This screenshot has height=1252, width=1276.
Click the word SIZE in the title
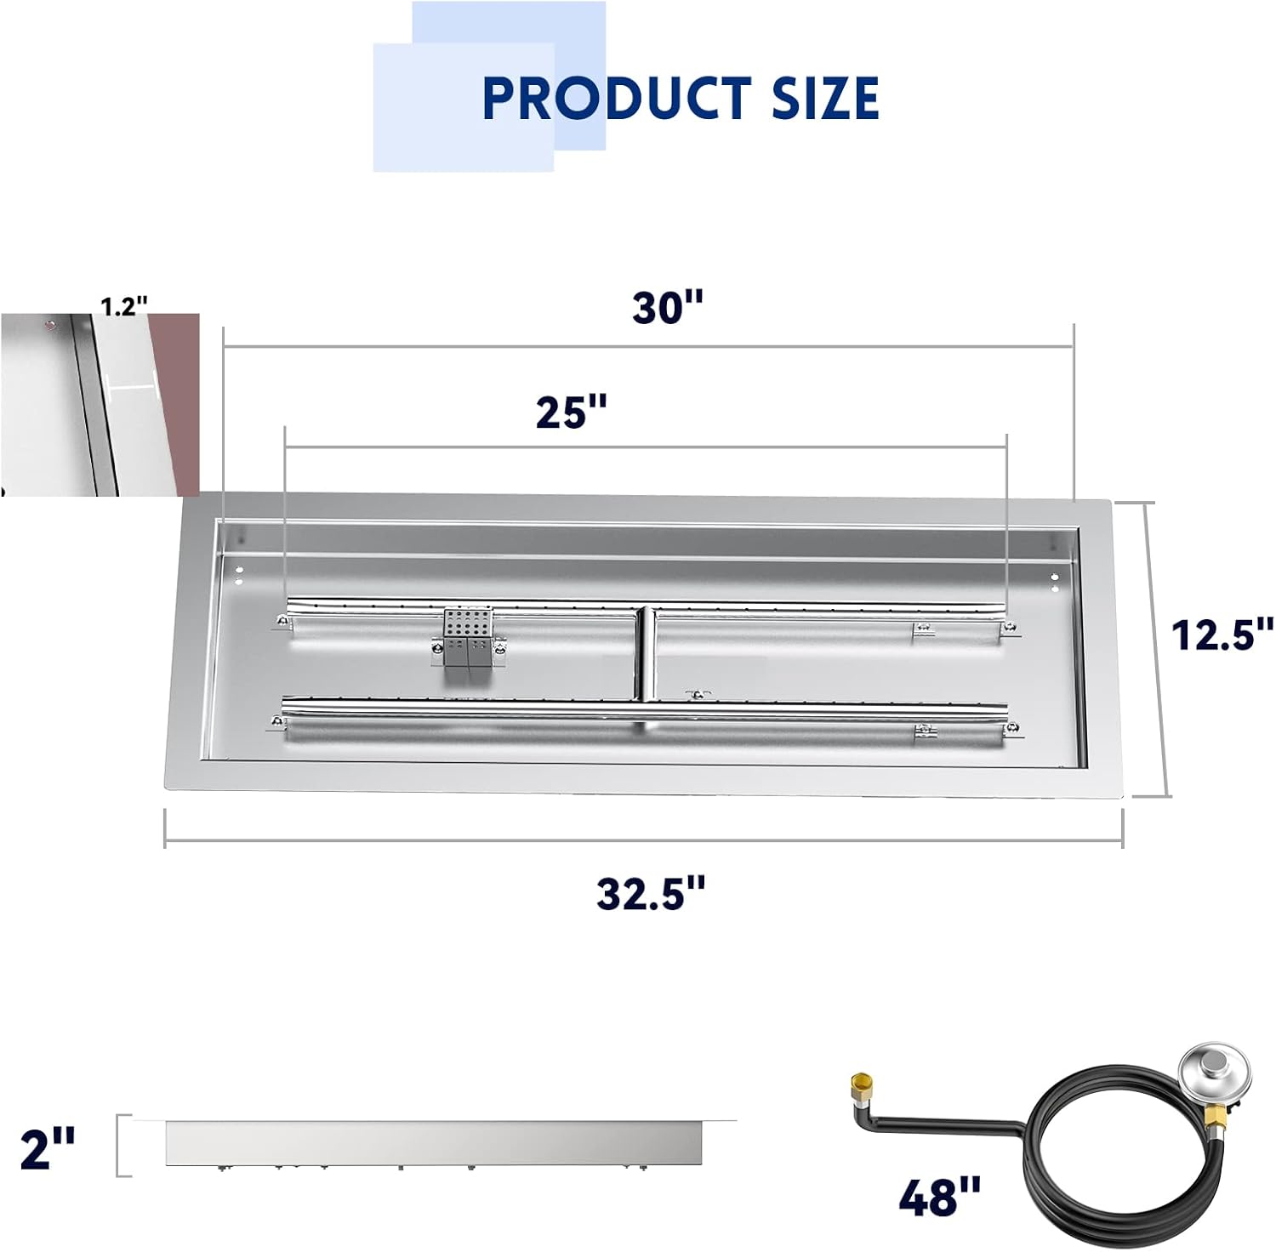(x=824, y=97)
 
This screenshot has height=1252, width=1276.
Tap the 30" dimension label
(x=668, y=307)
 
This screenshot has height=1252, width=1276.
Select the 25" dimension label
(x=572, y=413)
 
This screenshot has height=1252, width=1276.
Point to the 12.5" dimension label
(x=1222, y=635)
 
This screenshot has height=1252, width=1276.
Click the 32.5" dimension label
(x=651, y=893)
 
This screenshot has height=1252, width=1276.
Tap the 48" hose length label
(x=939, y=1196)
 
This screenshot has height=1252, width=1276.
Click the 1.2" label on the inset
(x=124, y=306)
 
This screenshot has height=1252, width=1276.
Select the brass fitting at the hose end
(x=861, y=1085)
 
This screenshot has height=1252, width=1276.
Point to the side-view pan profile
(x=434, y=1142)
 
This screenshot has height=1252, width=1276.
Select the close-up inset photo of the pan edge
(x=100, y=404)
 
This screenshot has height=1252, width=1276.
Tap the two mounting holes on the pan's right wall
(x=1055, y=582)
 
